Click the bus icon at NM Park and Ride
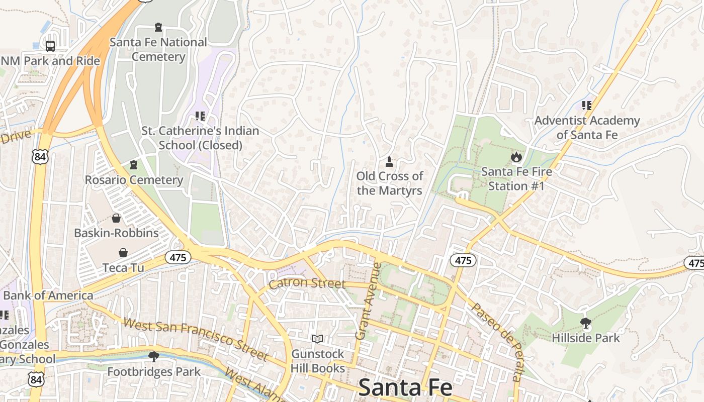click(50, 46)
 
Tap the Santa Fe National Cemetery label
click(158, 49)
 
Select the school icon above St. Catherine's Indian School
click(200, 116)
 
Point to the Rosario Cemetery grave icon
click(134, 165)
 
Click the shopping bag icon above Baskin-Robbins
click(116, 218)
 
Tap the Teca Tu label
click(123, 267)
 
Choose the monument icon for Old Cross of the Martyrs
click(389, 162)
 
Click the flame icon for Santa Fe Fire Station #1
click(516, 157)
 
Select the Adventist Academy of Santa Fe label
click(587, 128)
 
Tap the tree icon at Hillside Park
click(585, 323)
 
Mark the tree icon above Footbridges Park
click(154, 357)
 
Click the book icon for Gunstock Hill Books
click(317, 339)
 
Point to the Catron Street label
click(307, 284)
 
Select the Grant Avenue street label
click(368, 301)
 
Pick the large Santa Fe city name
click(405, 388)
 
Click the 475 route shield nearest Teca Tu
click(178, 258)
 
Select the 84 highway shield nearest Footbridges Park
click(36, 379)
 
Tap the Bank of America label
click(48, 295)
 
